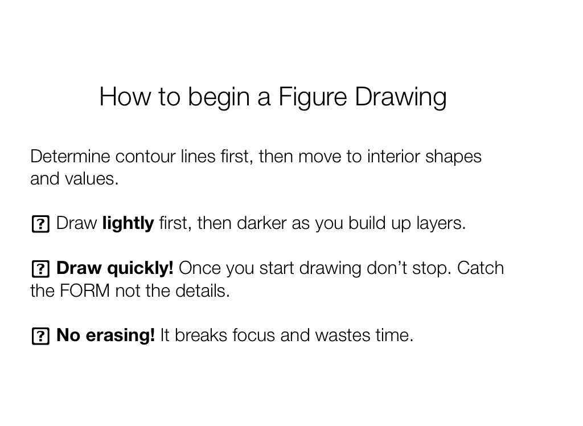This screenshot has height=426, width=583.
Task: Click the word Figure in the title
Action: pyautogui.click(x=313, y=97)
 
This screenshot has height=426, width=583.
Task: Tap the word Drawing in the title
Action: pyautogui.click(x=400, y=97)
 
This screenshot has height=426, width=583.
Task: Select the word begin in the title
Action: pyautogui.click(x=219, y=97)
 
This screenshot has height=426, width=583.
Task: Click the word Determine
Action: pyautogui.click(x=70, y=156)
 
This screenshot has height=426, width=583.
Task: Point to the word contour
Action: pyautogui.click(x=145, y=156)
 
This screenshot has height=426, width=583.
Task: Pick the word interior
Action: pyautogui.click(x=393, y=156)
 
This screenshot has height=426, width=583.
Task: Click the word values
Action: pyautogui.click(x=92, y=179)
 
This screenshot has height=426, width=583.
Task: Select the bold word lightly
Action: pyautogui.click(x=128, y=224)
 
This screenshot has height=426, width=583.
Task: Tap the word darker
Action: pyautogui.click(x=261, y=223)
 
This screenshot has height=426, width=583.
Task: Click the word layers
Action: pyautogui.click(x=441, y=224)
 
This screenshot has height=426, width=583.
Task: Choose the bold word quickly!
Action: pyautogui.click(x=140, y=268)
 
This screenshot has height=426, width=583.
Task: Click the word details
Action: pyautogui.click(x=203, y=290)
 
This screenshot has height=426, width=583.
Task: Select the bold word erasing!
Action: pyautogui.click(x=120, y=335)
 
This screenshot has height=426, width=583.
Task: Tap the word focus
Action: pyautogui.click(x=253, y=335)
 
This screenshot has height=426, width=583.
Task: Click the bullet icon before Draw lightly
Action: pyautogui.click(x=40, y=224)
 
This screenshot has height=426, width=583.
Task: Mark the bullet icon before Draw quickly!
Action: pyautogui.click(x=40, y=269)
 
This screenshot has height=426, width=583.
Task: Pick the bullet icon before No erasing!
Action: pyautogui.click(x=40, y=336)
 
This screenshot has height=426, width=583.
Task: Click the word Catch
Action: pyautogui.click(x=481, y=268)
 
